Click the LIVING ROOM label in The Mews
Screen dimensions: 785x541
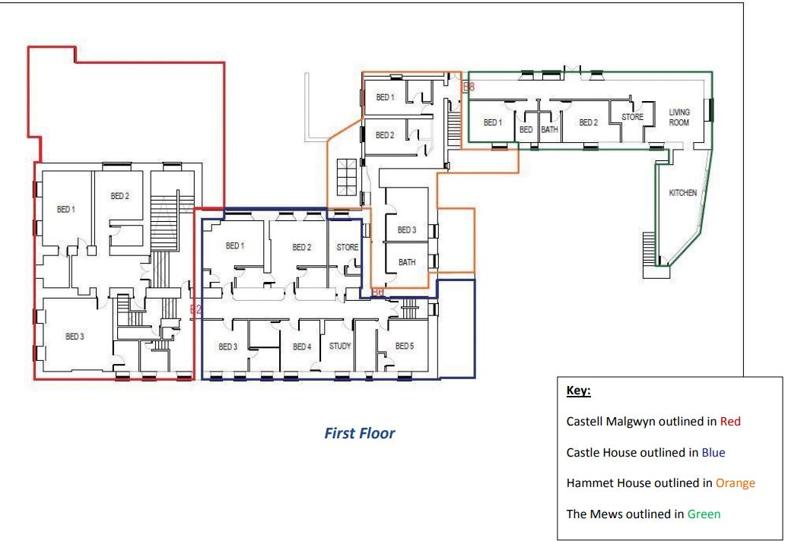point(679,118)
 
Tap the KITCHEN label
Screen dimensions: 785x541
point(683,193)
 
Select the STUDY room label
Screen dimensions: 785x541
point(340,346)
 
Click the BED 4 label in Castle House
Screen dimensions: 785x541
point(302,346)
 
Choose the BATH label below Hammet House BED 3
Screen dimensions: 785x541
point(407,262)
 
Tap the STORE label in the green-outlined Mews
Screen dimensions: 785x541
point(632,117)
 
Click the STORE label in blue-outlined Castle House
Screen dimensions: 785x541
point(348,247)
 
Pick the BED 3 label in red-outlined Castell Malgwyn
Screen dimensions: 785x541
point(75,337)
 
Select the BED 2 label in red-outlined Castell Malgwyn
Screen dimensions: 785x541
point(119,196)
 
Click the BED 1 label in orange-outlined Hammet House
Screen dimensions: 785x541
point(385,97)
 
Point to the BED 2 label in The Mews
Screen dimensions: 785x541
point(588,122)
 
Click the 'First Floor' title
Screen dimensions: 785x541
point(360,433)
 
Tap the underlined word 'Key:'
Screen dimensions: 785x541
point(579,391)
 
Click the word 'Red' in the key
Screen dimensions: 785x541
point(730,422)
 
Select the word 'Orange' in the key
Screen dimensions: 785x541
point(736,483)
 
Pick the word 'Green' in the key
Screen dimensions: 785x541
point(704,514)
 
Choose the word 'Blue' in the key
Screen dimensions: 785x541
point(713,453)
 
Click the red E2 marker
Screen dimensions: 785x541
point(195,309)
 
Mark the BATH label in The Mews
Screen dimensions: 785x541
point(549,129)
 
